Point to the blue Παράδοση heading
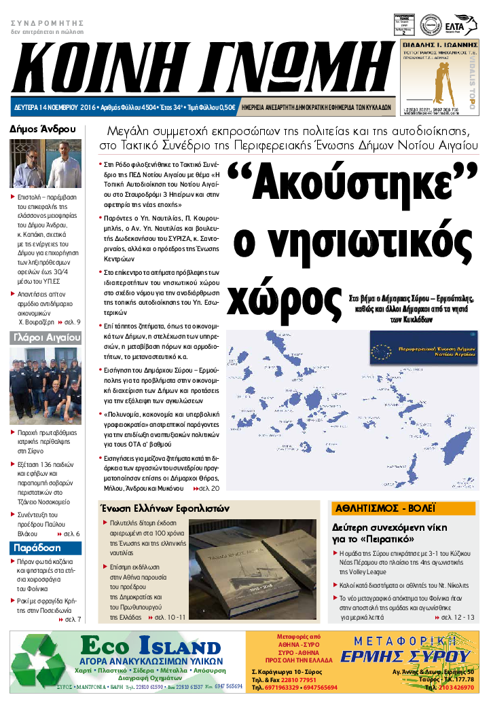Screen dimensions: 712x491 (x=37, y=547)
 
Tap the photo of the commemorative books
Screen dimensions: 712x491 (x=250, y=567)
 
